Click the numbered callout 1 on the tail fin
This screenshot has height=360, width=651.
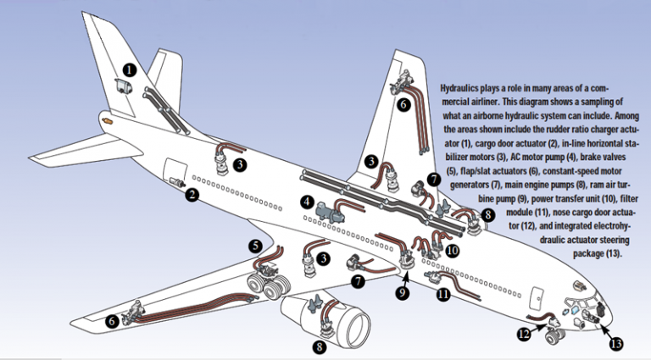coord(128,70)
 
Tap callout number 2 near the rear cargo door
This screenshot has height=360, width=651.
coord(193,195)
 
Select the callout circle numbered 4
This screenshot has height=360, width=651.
coord(306,202)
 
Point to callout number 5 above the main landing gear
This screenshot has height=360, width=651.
coord(254,246)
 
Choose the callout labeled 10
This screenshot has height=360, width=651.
coord(452,251)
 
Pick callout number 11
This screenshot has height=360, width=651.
coord(442,294)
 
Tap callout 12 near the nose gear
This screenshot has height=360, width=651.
coord(526,335)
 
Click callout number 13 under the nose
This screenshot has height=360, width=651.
coord(615,344)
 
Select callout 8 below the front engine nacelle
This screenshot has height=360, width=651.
coord(319,346)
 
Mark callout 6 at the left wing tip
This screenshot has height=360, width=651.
coord(111,321)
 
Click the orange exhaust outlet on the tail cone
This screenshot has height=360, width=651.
coord(108,121)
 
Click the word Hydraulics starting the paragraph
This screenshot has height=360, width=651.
coord(465,87)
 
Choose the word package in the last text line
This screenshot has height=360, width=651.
coord(587,253)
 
